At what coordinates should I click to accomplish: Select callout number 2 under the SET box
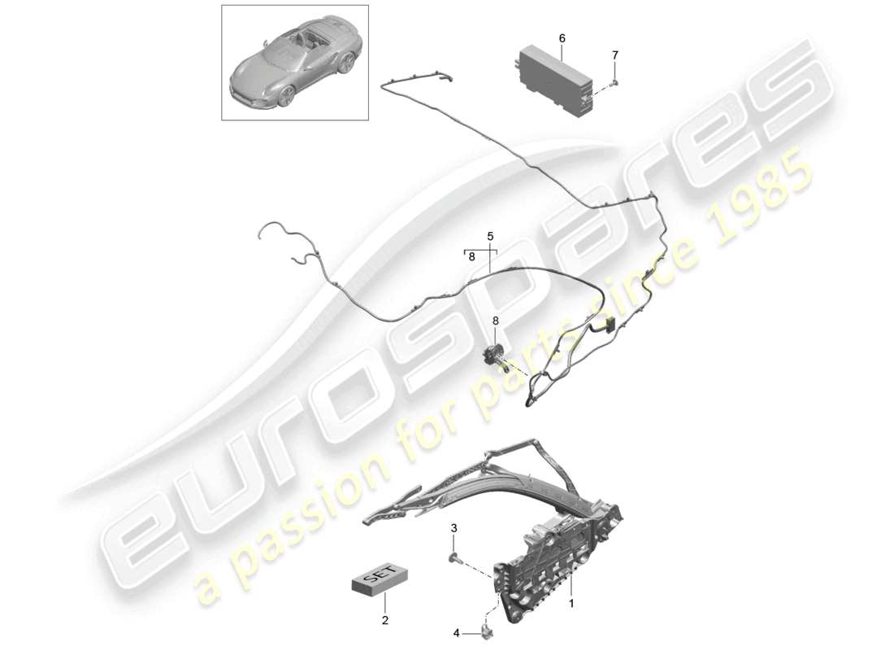coord(385,620)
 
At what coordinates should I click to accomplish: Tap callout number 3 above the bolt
coord(454,529)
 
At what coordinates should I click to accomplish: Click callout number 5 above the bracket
coord(490,236)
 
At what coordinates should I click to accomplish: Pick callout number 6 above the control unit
coord(562,38)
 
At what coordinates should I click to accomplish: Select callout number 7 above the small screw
coord(614,55)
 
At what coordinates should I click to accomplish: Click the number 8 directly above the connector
coord(496,321)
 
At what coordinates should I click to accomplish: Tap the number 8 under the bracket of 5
coord(471,256)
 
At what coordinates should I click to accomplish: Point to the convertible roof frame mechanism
coord(520,521)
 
